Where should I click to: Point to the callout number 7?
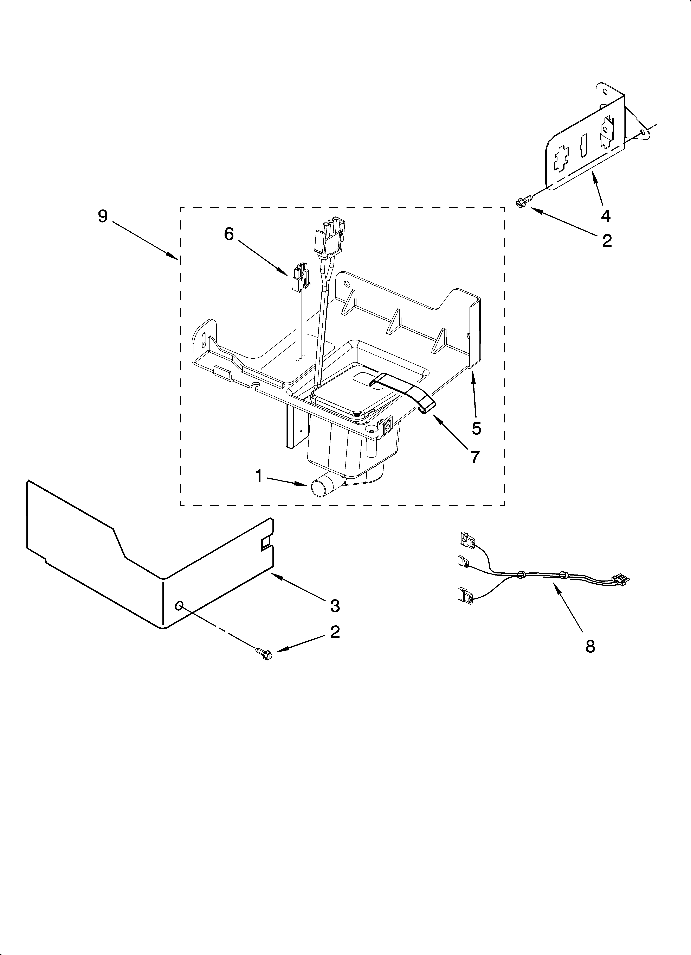[475, 457]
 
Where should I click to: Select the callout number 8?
[590, 646]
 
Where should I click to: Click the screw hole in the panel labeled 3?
[179, 605]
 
